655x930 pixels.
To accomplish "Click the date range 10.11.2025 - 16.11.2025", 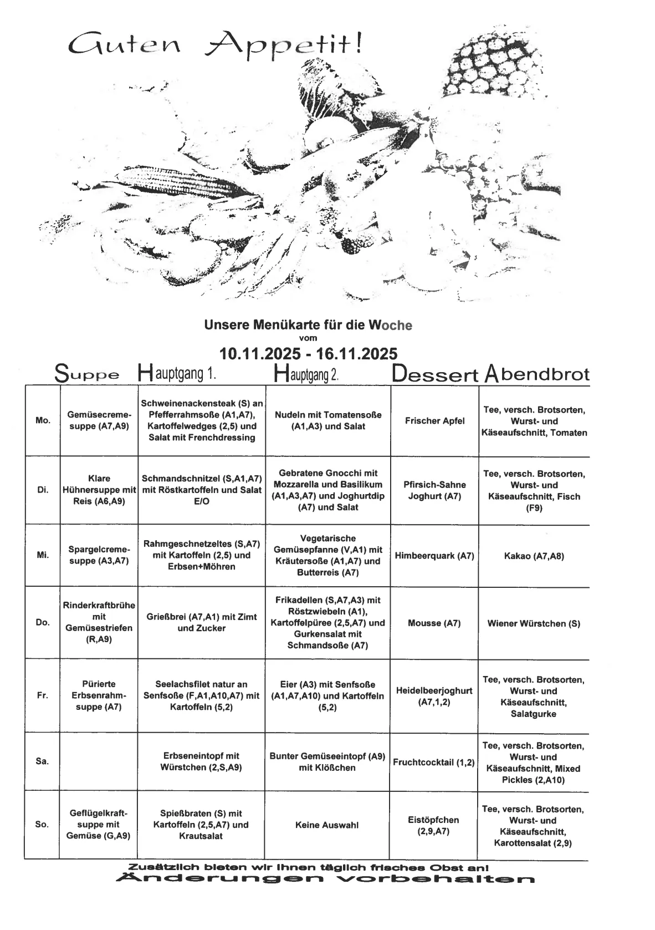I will click(308, 353).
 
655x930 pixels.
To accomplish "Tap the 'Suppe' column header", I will click(87, 374).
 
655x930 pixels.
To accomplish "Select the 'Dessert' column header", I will click(435, 374).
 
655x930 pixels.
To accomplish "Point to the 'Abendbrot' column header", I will click(537, 374).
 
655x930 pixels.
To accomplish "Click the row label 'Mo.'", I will click(43, 420).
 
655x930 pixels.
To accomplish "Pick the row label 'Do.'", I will click(43, 622).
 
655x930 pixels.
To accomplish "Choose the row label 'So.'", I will click(42, 824).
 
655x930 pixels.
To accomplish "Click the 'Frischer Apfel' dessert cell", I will click(434, 420).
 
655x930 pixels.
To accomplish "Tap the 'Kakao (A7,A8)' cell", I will click(534, 556).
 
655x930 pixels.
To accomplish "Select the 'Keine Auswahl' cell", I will click(327, 825).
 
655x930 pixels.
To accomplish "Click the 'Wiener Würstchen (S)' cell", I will click(534, 623).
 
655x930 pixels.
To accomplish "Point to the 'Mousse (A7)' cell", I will click(434, 623).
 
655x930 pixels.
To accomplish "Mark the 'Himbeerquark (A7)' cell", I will click(434, 556).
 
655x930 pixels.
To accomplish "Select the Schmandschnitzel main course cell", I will click(202, 490).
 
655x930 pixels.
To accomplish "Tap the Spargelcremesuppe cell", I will click(99, 555).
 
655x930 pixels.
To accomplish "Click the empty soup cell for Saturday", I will click(99, 761).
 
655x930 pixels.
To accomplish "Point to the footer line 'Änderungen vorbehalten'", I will click(325, 880).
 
